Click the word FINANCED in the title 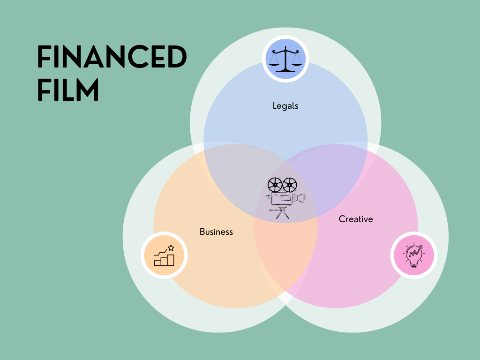point(112,58)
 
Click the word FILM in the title point(68,90)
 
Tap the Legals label point(285,106)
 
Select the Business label point(216,232)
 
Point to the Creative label point(356,219)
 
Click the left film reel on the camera point(275,184)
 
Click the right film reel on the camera point(290,185)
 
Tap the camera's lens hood point(301,198)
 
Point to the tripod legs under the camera point(282,214)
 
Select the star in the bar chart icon point(171,247)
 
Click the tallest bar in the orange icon point(171,260)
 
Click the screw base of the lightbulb point(413,265)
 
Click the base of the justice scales point(285,70)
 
